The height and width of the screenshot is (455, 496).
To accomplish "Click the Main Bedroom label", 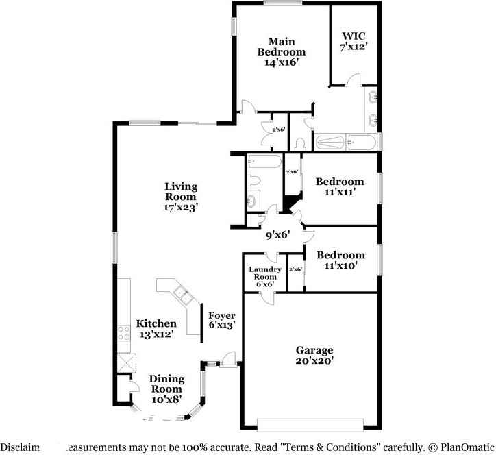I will [281, 51].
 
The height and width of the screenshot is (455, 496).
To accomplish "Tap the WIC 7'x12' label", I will [355, 40].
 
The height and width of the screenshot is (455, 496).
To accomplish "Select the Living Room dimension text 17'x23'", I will [181, 207].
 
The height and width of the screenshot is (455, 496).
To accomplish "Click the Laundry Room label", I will [264, 275].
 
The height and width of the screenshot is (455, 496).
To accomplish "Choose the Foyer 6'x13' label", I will [222, 320].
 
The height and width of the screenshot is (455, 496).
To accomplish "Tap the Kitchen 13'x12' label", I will [156, 328].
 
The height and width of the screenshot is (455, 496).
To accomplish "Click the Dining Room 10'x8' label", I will [166, 388].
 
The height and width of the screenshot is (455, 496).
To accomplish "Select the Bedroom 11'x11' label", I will [339, 187].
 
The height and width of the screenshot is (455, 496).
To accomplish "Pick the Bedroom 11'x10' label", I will [339, 260].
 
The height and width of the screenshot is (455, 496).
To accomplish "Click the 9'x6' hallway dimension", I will [278, 234].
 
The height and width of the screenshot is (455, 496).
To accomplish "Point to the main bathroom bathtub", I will [346, 143].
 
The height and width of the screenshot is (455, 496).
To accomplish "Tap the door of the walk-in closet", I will [351, 83].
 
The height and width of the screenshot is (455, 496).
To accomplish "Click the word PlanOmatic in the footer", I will [460, 445].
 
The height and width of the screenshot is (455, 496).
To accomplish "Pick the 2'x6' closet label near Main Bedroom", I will [278, 129].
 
